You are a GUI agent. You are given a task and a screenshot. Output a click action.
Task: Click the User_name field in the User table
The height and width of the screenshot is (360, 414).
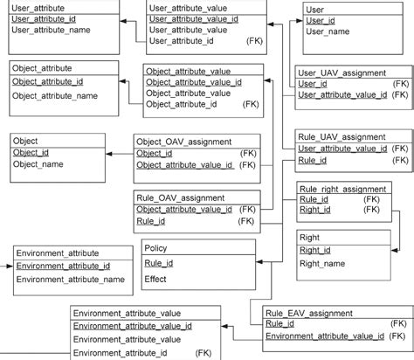pos(328,31)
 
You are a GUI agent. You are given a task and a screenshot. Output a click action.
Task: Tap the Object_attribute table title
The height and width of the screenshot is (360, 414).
pos(42,67)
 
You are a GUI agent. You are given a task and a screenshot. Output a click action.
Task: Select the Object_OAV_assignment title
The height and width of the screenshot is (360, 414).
pos(183,141)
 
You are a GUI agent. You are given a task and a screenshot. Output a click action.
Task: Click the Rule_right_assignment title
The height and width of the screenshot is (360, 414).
pos(342,188)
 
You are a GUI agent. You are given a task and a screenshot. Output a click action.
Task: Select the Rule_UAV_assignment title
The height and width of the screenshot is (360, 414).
pos(342,136)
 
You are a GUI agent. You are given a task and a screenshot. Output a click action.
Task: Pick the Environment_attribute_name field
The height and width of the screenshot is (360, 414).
pos(70,280)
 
